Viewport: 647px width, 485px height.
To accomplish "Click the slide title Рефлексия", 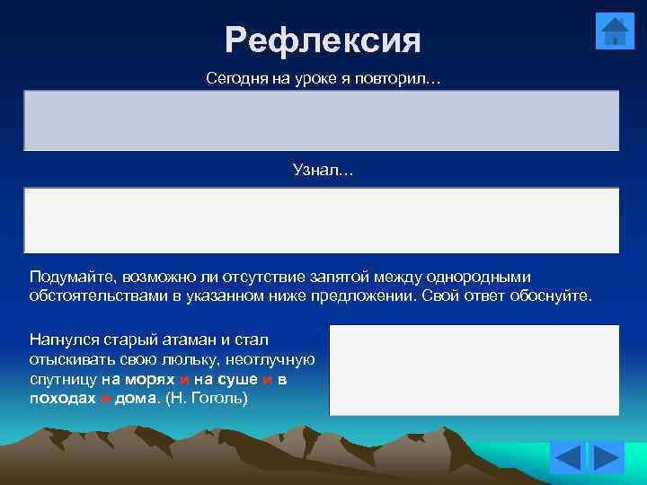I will (323, 40).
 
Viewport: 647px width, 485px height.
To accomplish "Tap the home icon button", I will (615, 32).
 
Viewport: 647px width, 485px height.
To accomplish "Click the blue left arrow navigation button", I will (567, 459).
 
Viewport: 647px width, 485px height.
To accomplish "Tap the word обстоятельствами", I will (94, 296).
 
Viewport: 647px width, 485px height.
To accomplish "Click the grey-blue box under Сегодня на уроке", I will (321, 119).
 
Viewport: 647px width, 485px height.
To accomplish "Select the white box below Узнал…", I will (321, 220).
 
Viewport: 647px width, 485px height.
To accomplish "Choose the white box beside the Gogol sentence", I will (474, 370).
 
